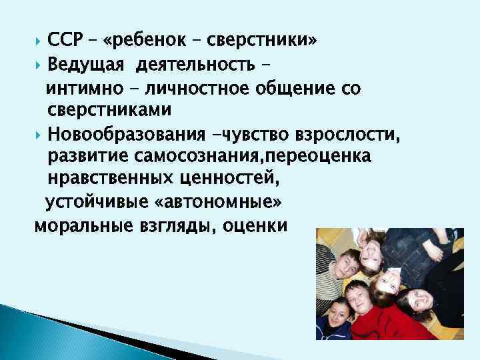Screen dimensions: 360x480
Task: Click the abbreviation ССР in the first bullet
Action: click(64, 41)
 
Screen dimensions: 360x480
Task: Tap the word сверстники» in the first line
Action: click(262, 41)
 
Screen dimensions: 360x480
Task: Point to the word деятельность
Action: click(195, 65)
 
